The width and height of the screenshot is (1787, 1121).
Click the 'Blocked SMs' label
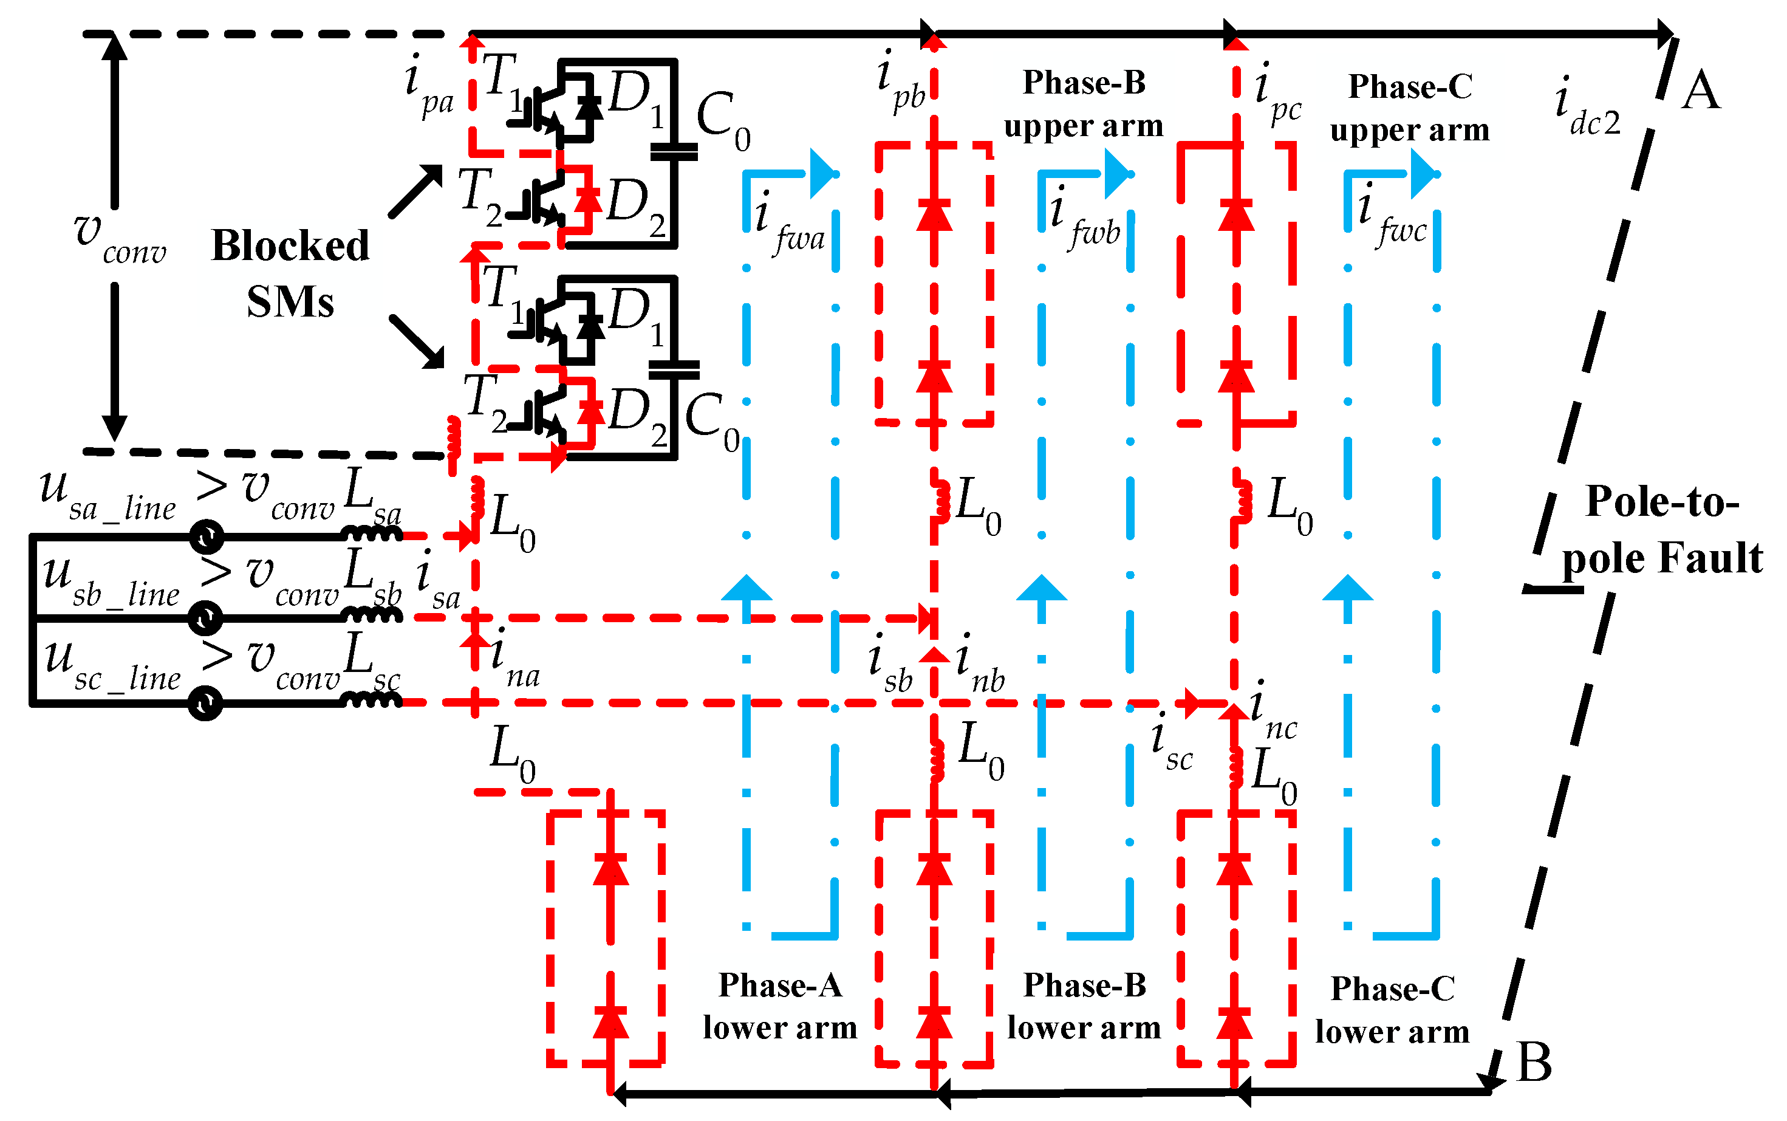(290, 273)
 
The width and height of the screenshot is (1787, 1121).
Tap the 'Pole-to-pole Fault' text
(1661, 529)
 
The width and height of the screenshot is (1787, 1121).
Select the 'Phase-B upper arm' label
(1084, 104)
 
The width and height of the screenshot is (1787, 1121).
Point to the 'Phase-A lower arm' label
(780, 1006)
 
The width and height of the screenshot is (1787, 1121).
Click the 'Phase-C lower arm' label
(1392, 1010)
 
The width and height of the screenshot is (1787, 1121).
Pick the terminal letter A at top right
(1700, 91)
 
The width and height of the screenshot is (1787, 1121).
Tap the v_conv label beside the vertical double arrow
(118, 237)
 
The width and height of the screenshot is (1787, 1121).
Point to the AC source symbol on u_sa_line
(207, 537)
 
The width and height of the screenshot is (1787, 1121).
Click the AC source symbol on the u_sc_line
(205, 703)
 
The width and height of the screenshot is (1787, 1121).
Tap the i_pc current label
(1277, 94)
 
